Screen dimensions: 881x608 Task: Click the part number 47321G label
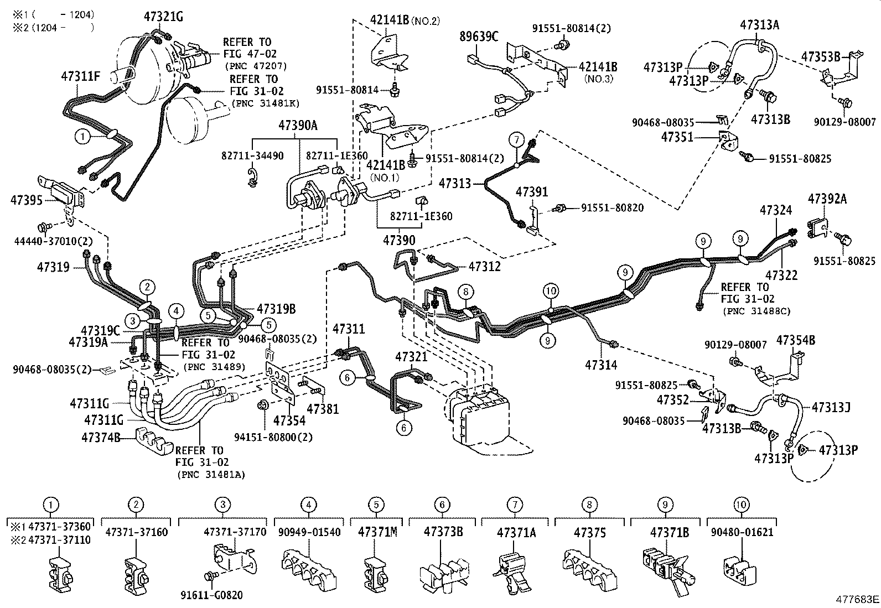(163, 16)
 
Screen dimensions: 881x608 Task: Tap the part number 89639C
(479, 37)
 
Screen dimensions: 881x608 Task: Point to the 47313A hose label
(759, 24)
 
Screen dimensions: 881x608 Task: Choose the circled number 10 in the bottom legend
(741, 504)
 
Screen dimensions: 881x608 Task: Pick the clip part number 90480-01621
(741, 532)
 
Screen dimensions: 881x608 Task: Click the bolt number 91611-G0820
(211, 595)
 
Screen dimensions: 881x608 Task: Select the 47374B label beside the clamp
(101, 437)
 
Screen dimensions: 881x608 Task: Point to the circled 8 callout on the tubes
(466, 291)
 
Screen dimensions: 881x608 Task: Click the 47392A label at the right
(827, 199)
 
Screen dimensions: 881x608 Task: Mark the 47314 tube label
(602, 365)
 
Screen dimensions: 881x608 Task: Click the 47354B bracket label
(795, 340)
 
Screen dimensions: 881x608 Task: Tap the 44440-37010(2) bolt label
(53, 241)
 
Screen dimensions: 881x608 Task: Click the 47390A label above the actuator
(298, 126)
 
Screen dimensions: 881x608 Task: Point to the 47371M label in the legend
(377, 532)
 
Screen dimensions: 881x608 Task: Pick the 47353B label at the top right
(821, 56)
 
